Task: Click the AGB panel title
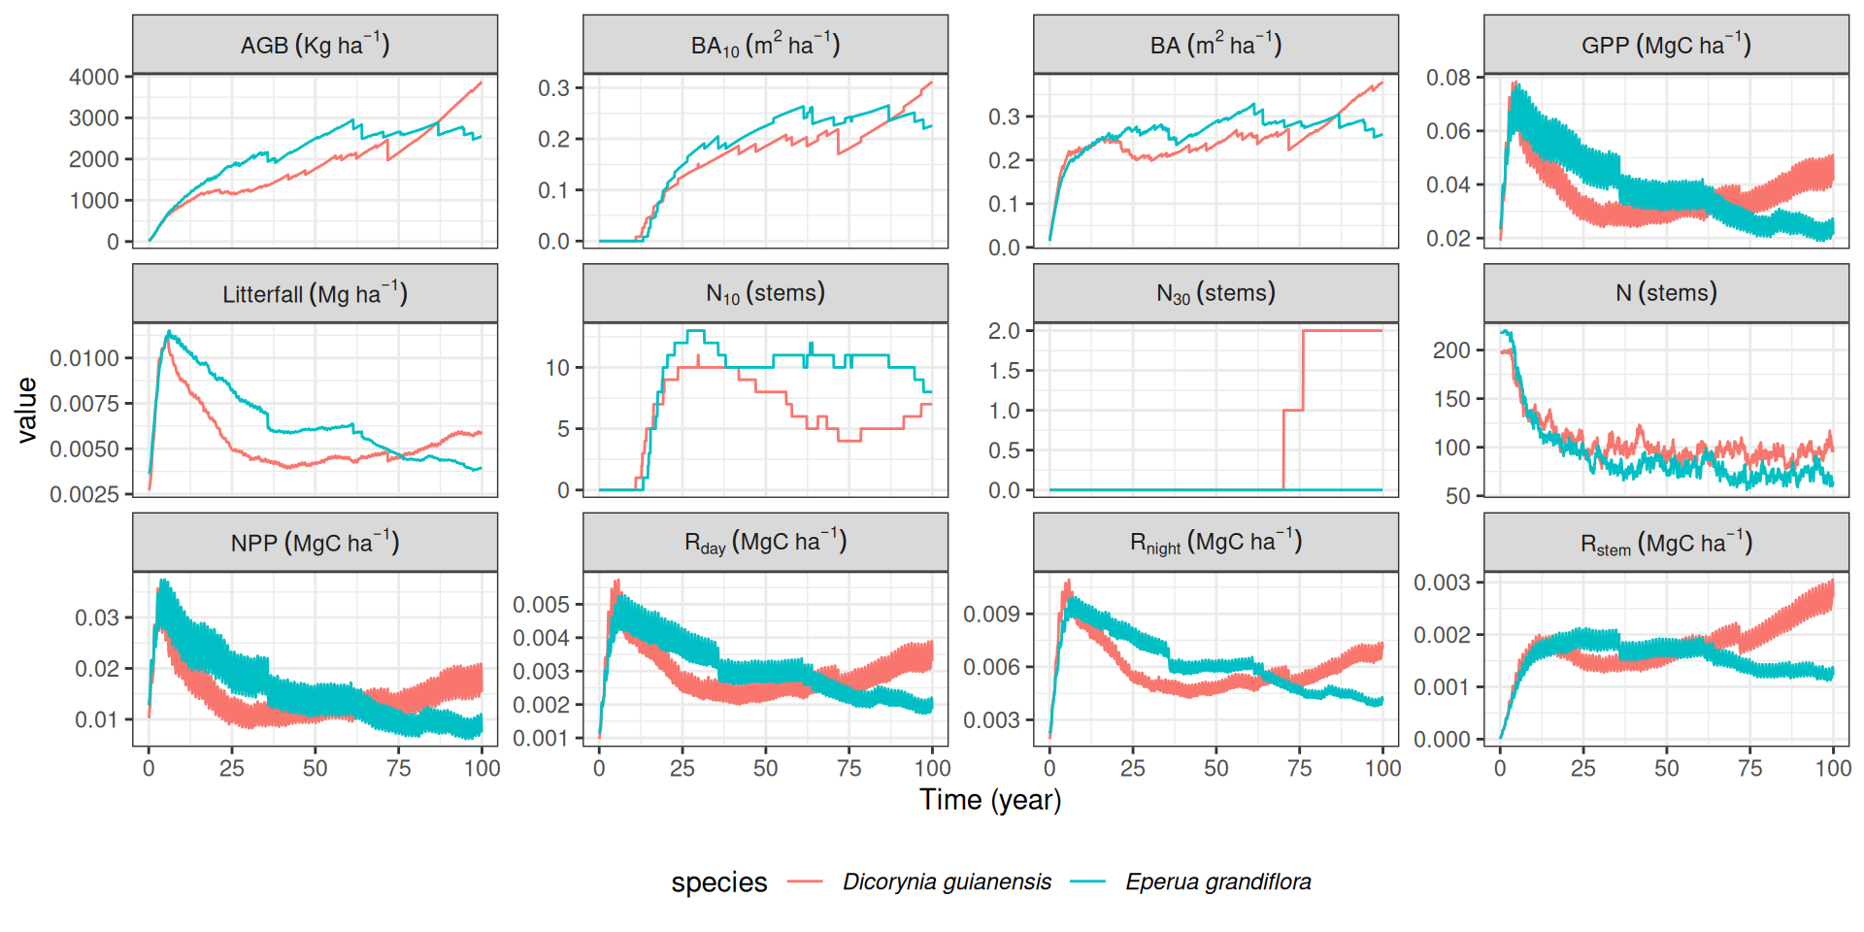pyautogui.click(x=315, y=45)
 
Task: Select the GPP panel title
pyautogui.click(x=1666, y=45)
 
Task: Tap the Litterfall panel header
pyautogui.click(x=315, y=293)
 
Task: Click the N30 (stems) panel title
pyautogui.click(x=1215, y=293)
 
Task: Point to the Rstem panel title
pyautogui.click(x=1666, y=543)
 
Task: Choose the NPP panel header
pyautogui.click(x=315, y=543)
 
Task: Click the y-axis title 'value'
pyautogui.click(x=26, y=410)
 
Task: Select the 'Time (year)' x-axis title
pyautogui.click(x=990, y=800)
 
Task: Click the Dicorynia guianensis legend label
pyautogui.click(x=947, y=882)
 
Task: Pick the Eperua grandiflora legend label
pyautogui.click(x=1217, y=882)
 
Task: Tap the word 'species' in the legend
pyautogui.click(x=718, y=882)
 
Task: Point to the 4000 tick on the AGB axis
pyautogui.click(x=94, y=77)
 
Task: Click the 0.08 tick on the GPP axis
pyautogui.click(x=1448, y=78)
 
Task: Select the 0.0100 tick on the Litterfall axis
pyautogui.click(x=84, y=358)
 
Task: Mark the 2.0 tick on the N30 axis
pyautogui.click(x=1004, y=331)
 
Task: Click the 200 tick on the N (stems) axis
pyautogui.click(x=1451, y=350)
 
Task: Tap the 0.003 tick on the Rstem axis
pyautogui.click(x=1442, y=582)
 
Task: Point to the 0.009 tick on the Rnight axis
pyautogui.click(x=991, y=614)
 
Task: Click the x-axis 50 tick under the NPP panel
pyautogui.click(x=315, y=768)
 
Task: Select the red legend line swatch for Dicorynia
pyautogui.click(x=805, y=882)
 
